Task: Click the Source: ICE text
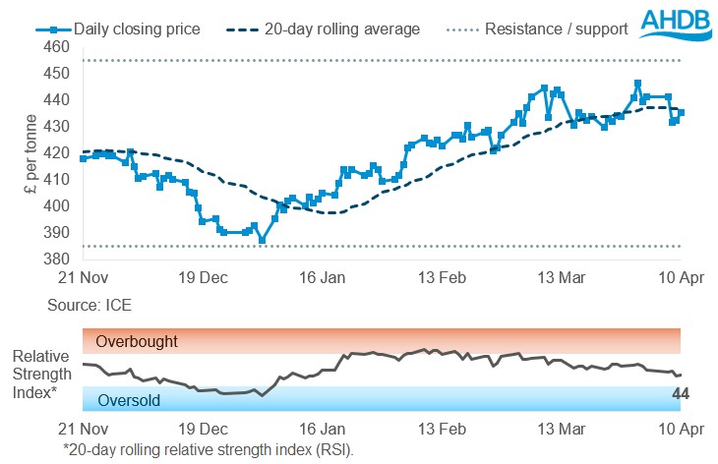click(90, 306)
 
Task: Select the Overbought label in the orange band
click(137, 342)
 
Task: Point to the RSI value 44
click(680, 394)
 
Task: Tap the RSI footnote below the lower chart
click(208, 449)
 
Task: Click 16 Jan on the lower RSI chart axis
click(323, 430)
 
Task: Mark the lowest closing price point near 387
click(262, 240)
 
